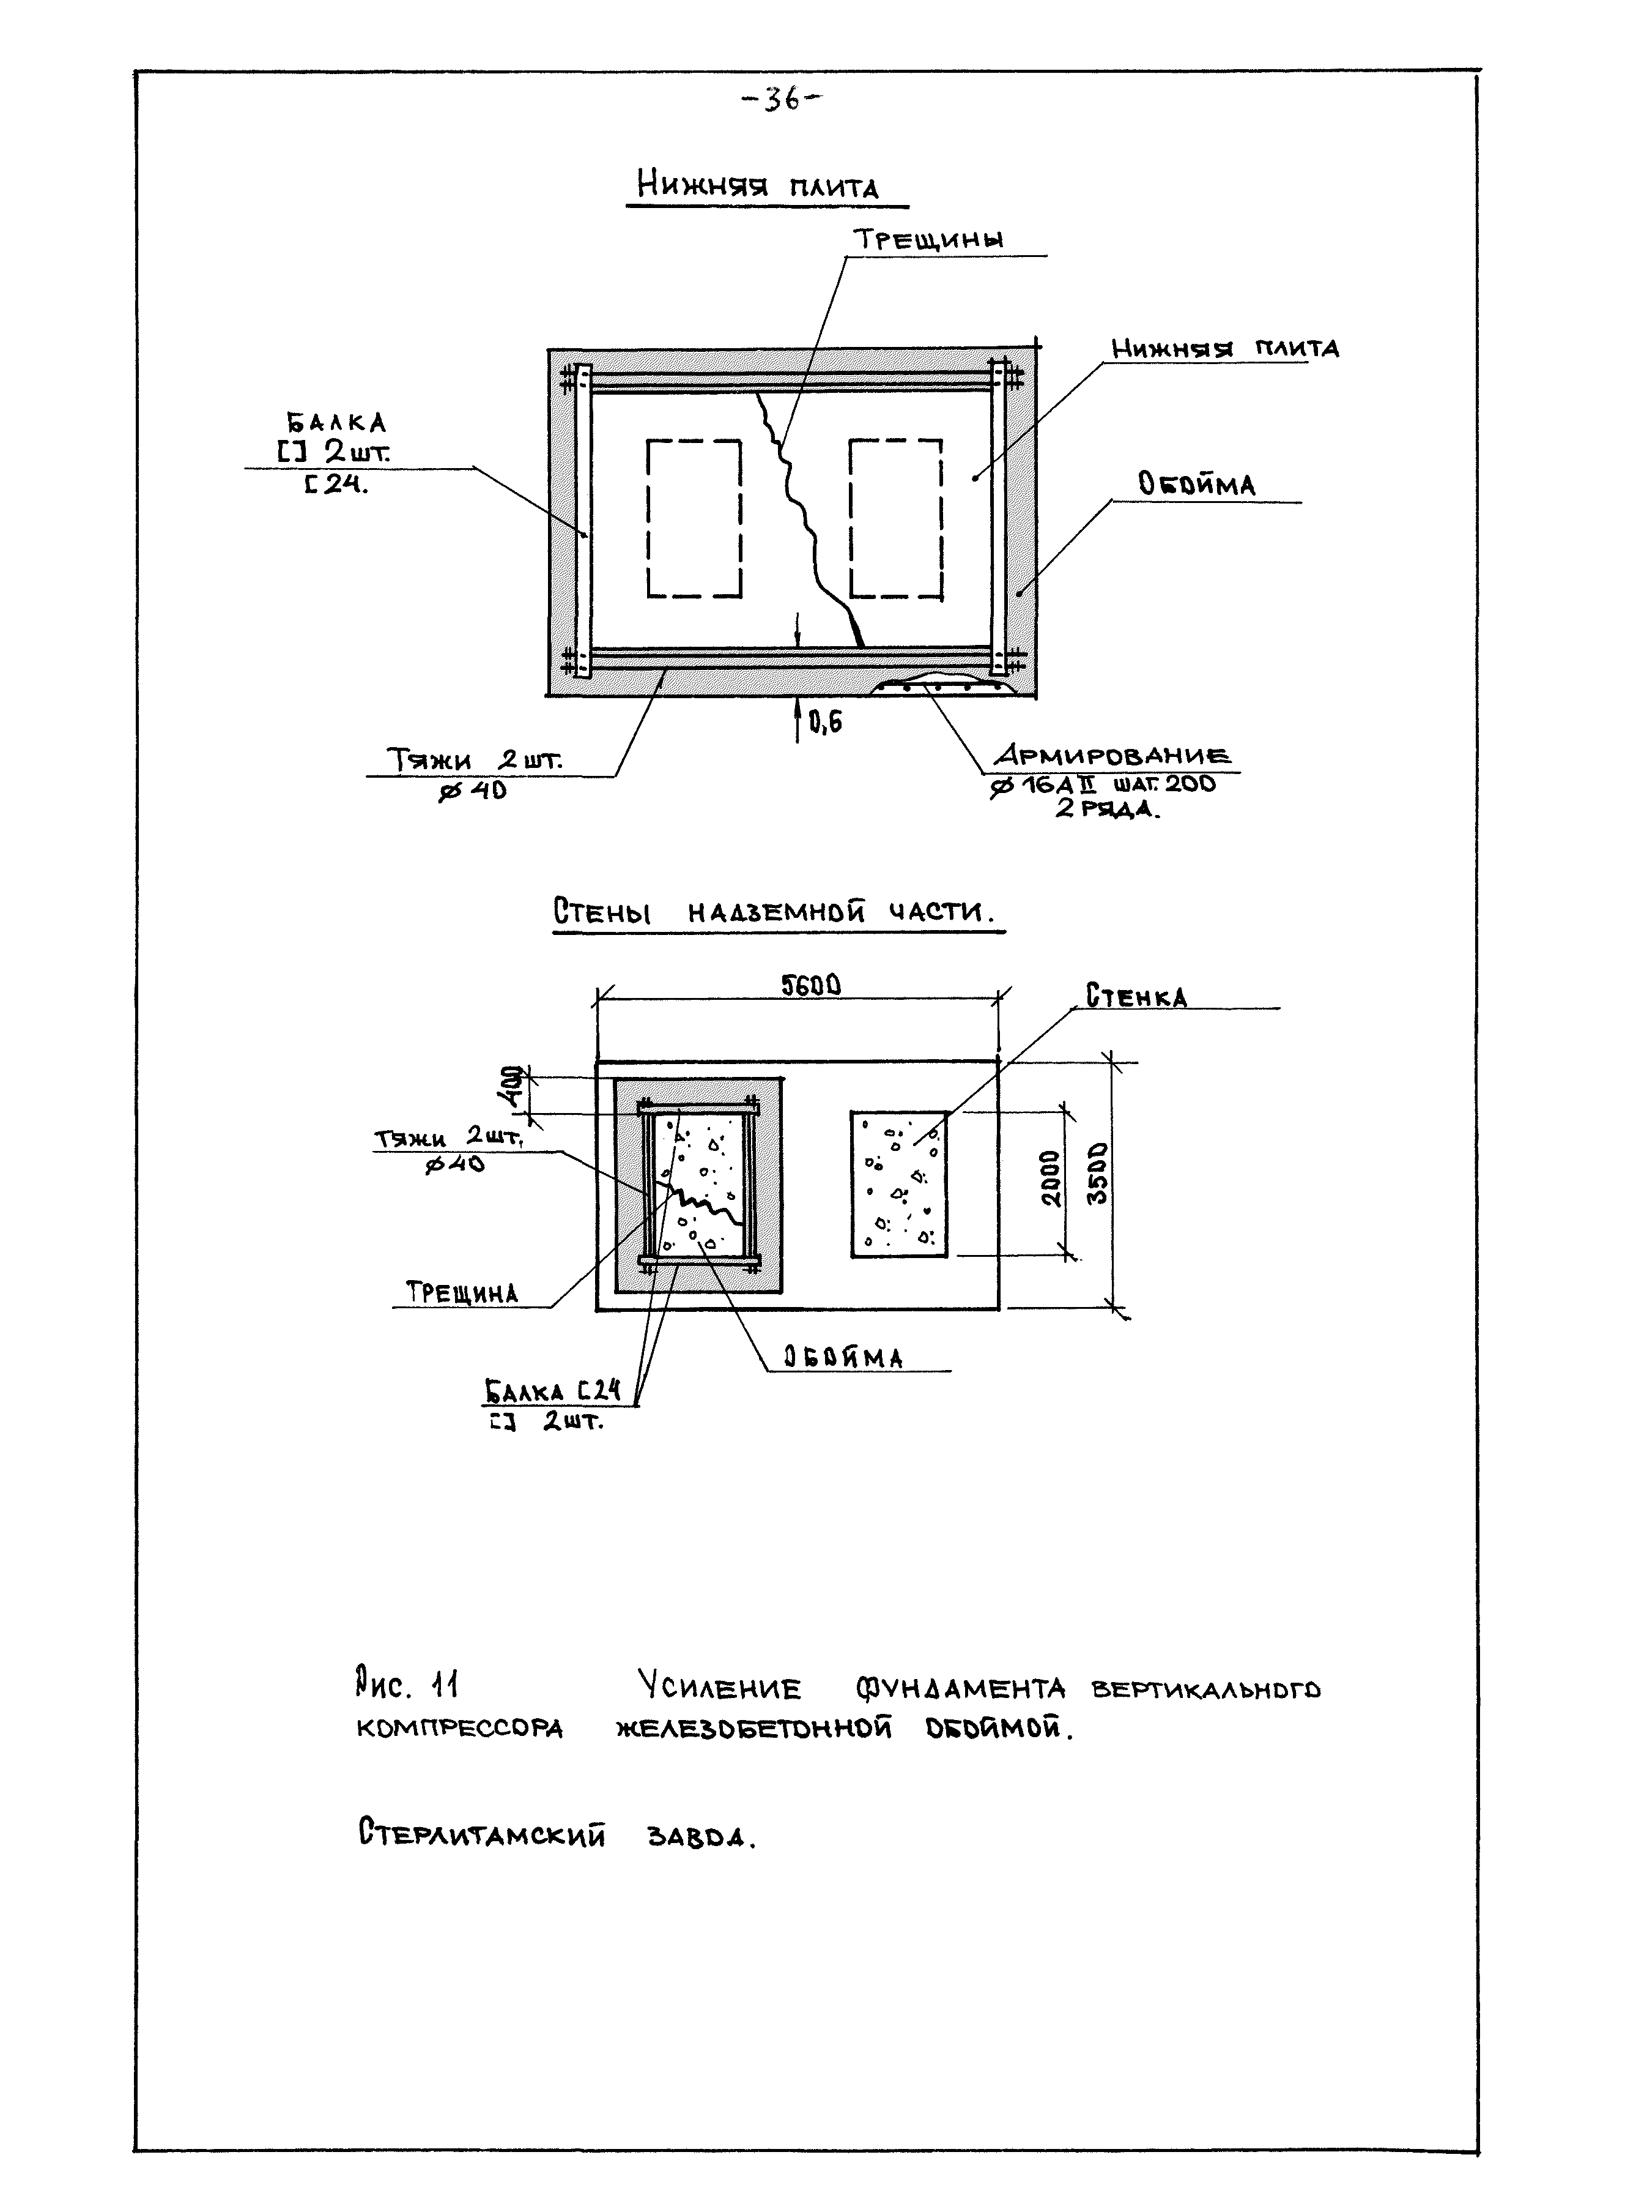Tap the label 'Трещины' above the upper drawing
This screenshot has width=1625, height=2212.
(x=928, y=240)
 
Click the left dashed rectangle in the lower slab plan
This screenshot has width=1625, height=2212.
(x=694, y=518)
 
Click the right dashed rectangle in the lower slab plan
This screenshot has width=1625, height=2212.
(x=895, y=518)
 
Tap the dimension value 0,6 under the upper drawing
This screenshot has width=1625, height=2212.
(x=824, y=723)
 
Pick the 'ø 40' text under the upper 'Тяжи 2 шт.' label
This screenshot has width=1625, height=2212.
(x=473, y=789)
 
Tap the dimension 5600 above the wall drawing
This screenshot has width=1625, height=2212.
(x=810, y=985)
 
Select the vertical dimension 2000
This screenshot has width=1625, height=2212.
(x=1051, y=1178)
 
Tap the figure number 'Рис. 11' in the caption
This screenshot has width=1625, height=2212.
(x=405, y=1686)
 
